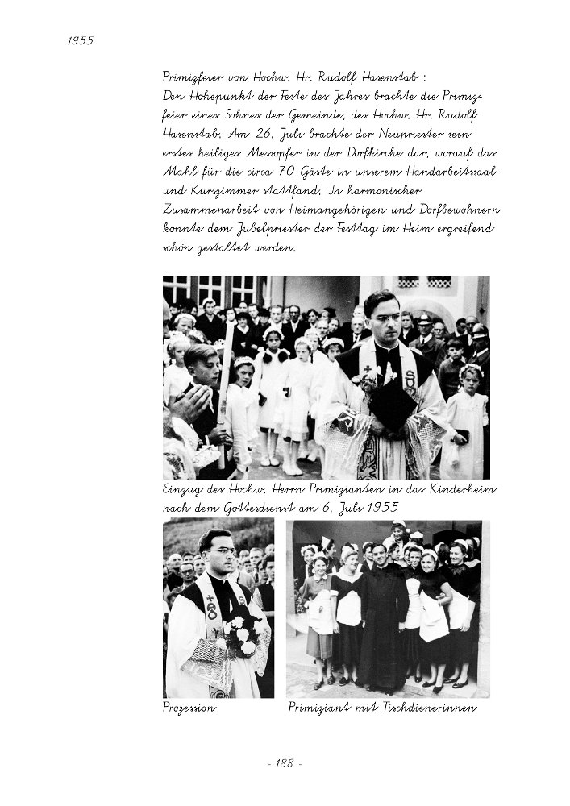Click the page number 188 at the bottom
pos(284,763)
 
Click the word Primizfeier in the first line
pos(192,77)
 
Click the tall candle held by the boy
pos(225,387)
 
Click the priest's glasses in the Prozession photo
pos(218,553)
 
